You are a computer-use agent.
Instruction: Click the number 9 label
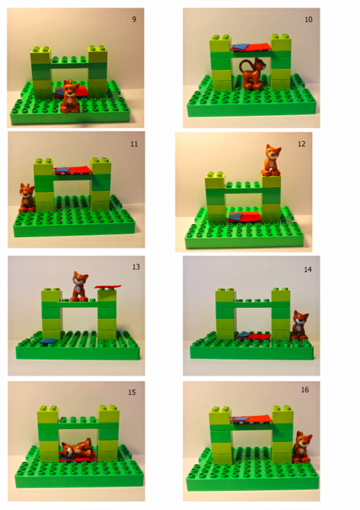click(x=134, y=19)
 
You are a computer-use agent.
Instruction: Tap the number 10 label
click(x=308, y=19)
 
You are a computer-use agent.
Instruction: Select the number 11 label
click(x=134, y=144)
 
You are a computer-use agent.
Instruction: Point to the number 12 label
click(x=302, y=144)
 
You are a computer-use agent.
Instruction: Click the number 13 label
click(x=136, y=267)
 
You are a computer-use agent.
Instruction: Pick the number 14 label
click(x=308, y=270)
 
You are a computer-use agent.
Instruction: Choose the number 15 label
click(x=132, y=392)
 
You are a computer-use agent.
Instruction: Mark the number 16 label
click(x=305, y=389)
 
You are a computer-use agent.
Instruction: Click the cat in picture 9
click(x=70, y=97)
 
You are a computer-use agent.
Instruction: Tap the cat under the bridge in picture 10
click(x=253, y=74)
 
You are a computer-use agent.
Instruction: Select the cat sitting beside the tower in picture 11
click(x=26, y=198)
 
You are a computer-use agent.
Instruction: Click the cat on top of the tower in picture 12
click(x=271, y=160)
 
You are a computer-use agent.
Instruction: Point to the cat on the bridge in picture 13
click(x=79, y=287)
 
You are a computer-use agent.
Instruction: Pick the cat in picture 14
click(x=300, y=325)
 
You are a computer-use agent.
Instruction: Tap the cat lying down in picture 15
click(x=77, y=448)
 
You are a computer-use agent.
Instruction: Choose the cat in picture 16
click(x=302, y=447)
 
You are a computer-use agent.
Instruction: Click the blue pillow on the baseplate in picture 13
click(x=48, y=341)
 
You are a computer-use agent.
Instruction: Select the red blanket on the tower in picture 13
click(x=108, y=287)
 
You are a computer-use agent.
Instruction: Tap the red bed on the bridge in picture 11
click(x=73, y=170)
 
